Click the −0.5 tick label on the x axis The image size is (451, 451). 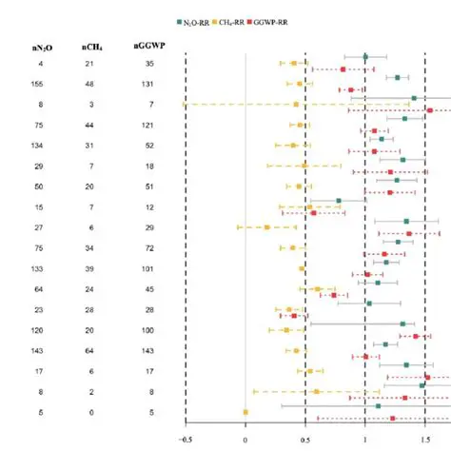tap(185, 439)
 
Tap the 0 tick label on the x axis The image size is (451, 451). tap(245, 439)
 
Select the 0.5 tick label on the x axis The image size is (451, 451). tap(304, 439)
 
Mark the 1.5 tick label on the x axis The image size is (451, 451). tap(424, 439)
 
